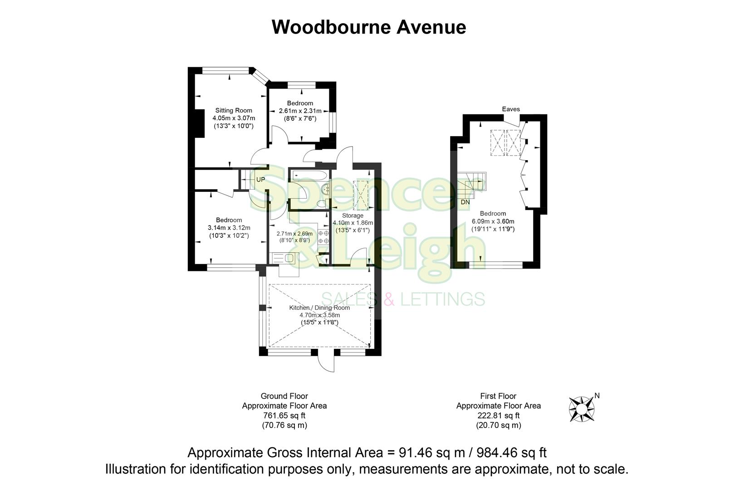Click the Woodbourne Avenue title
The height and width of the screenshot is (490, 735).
pyautogui.click(x=368, y=27)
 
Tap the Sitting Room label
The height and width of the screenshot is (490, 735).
pyautogui.click(x=233, y=110)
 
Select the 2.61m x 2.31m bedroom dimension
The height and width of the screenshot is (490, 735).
pyautogui.click(x=300, y=111)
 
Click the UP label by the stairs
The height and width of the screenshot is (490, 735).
pyautogui.click(x=260, y=180)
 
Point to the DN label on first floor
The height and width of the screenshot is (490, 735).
pyautogui.click(x=465, y=202)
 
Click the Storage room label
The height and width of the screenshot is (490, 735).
pyautogui.click(x=353, y=216)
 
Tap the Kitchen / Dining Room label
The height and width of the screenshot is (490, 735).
pyautogui.click(x=319, y=308)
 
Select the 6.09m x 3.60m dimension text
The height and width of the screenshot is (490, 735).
pyautogui.click(x=493, y=221)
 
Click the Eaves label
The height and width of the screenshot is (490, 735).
pyautogui.click(x=511, y=109)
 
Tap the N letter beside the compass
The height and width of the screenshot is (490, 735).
pyautogui.click(x=597, y=396)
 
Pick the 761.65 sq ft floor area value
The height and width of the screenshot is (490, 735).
pyautogui.click(x=284, y=416)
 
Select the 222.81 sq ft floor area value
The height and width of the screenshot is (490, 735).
pyautogui.click(x=498, y=416)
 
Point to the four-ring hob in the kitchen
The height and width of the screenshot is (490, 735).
pyautogui.click(x=323, y=237)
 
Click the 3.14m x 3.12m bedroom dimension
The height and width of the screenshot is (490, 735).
pyautogui.click(x=229, y=228)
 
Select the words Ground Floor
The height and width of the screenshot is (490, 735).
pyautogui.click(x=284, y=396)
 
